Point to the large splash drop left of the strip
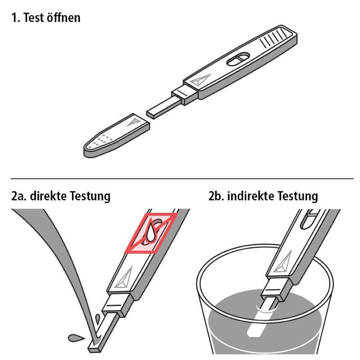pyautogui.click(x=76, y=338)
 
